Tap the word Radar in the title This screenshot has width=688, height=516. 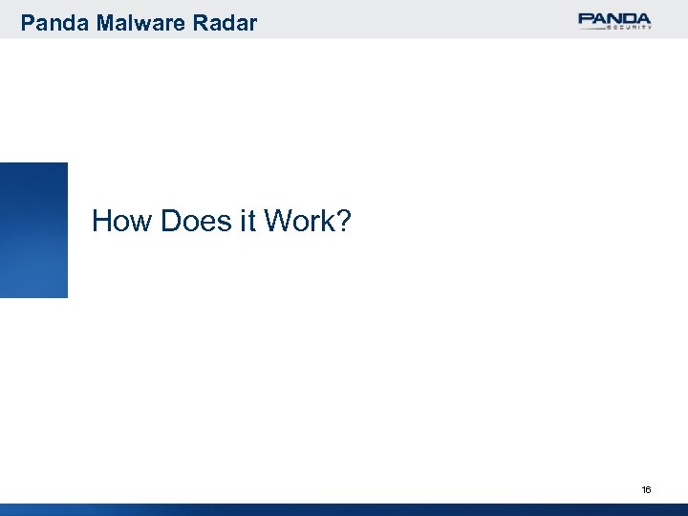[x=227, y=22]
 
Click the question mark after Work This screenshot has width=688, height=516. [x=344, y=223]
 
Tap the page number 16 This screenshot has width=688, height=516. [x=646, y=489]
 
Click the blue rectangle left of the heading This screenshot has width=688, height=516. [x=33, y=229]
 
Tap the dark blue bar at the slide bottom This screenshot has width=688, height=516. [x=344, y=509]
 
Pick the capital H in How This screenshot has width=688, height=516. [x=102, y=223]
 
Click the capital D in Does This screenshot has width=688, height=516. [x=172, y=223]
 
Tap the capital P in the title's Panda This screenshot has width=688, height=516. [x=28, y=22]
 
